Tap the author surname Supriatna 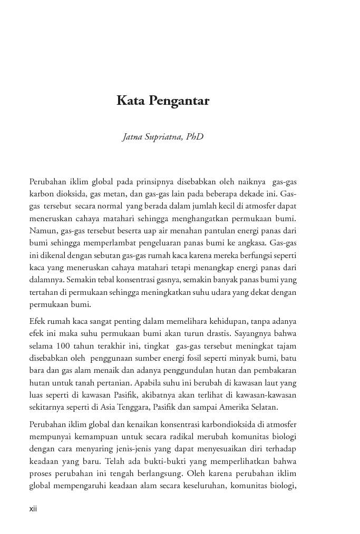point(161,137)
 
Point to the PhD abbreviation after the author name point(194,137)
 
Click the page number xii point(33,509)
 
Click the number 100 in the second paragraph point(59,345)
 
